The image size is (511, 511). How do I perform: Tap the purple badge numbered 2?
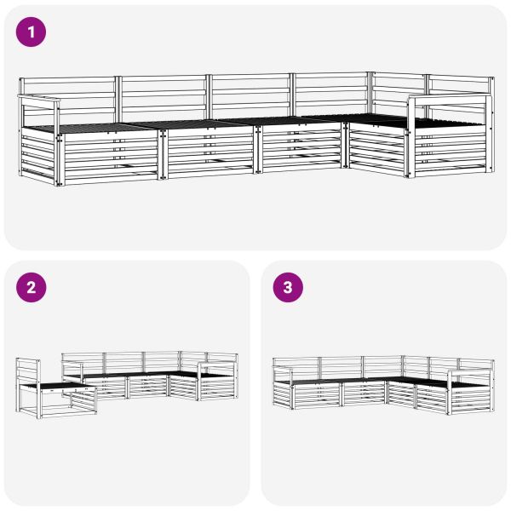click(x=32, y=287)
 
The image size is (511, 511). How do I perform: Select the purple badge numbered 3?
click(x=287, y=287)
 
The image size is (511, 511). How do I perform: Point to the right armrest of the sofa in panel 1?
click(x=450, y=100)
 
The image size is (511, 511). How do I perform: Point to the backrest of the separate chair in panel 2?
click(x=27, y=370)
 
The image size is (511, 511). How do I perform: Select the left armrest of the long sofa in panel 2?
click(x=72, y=364)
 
